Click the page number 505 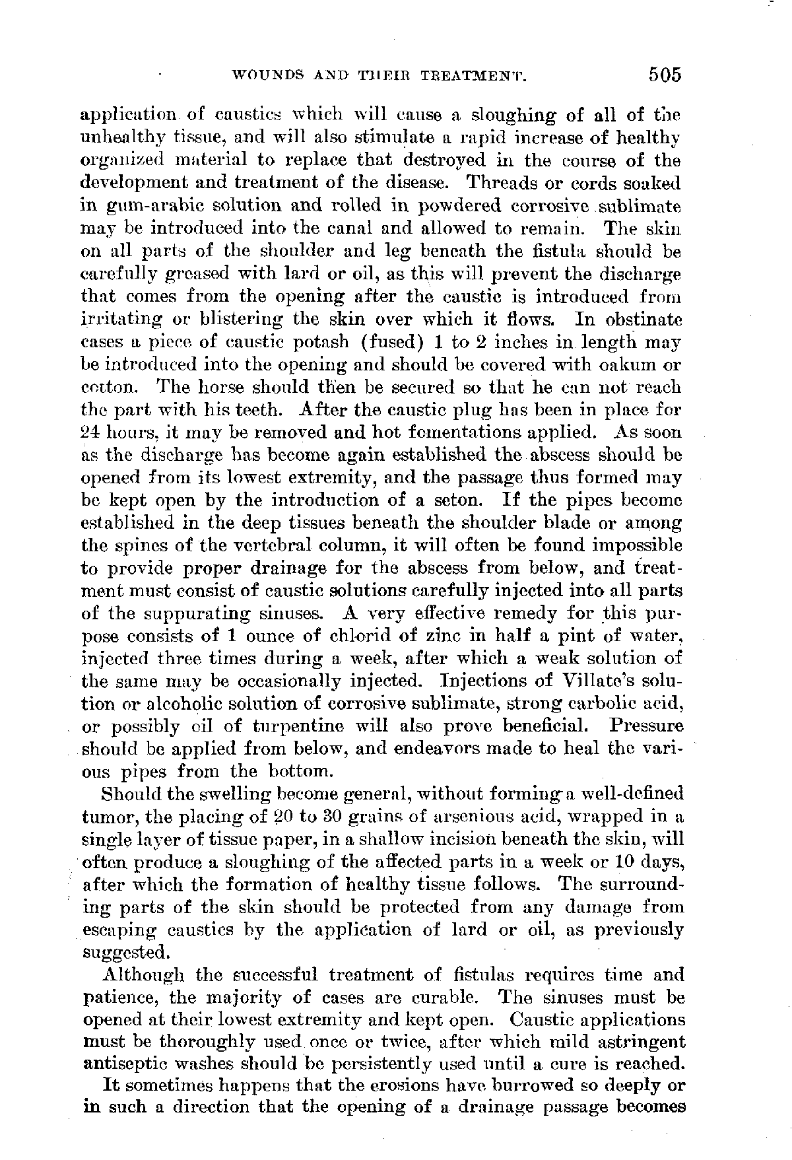tap(663, 75)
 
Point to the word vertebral tap(277, 545)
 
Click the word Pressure tap(647, 726)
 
